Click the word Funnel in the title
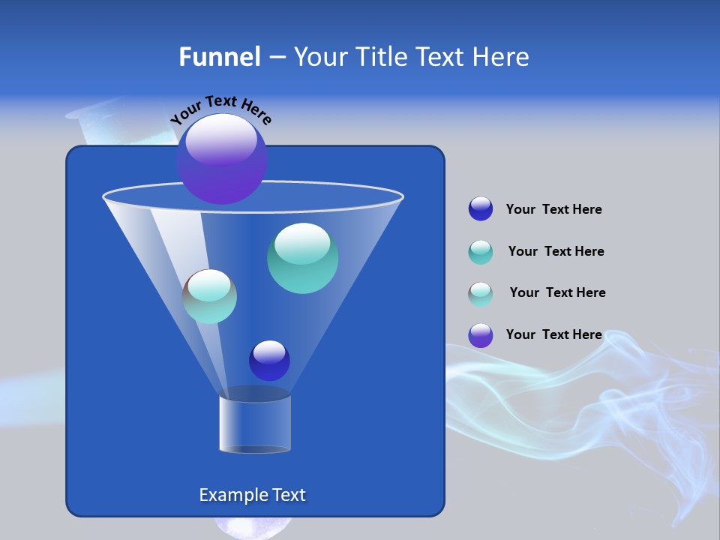[219, 57]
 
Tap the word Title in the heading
[381, 57]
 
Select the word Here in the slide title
[501, 57]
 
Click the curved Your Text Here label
[220, 110]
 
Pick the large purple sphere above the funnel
[222, 158]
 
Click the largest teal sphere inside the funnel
[302, 258]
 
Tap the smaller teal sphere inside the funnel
[209, 296]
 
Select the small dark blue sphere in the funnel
[269, 361]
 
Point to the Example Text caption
[252, 495]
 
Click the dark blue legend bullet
[481, 209]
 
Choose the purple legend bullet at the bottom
[481, 335]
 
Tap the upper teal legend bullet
[481, 252]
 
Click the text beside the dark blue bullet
[553, 210]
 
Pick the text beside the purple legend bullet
[553, 334]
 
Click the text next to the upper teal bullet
[556, 251]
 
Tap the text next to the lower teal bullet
[557, 292]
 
